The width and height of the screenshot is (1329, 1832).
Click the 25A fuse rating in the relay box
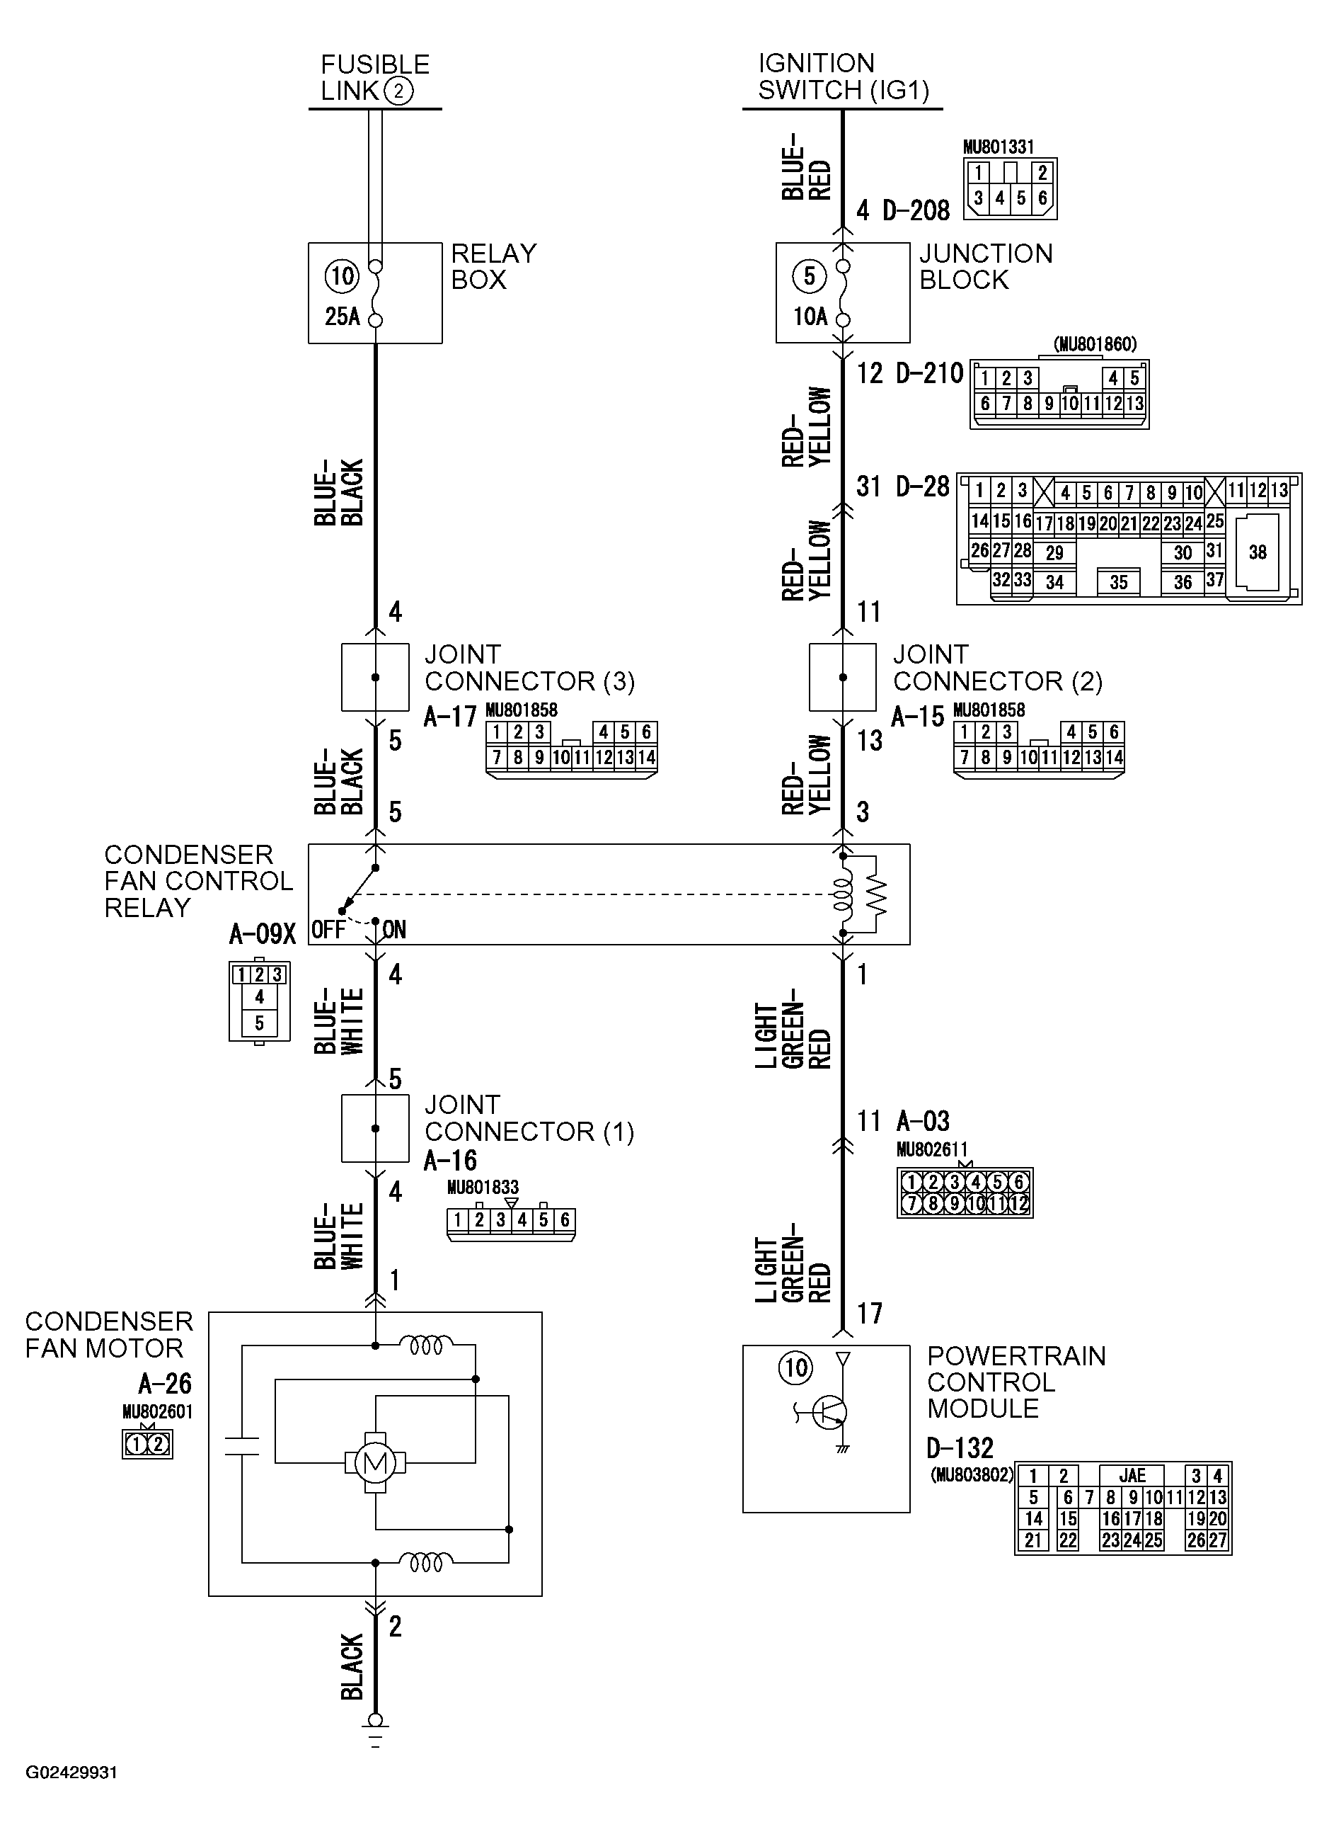343,317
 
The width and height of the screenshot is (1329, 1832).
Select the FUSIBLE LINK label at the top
374,78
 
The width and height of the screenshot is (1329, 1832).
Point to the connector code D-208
916,211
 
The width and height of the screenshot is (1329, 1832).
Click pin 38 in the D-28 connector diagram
1257,552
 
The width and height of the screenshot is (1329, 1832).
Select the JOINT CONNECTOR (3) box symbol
374,677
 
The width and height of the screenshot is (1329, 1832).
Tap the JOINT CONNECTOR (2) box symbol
842,677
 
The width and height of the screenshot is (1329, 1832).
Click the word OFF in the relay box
328,930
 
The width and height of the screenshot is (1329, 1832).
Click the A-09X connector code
263,935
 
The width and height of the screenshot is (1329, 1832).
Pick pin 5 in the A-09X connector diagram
259,1023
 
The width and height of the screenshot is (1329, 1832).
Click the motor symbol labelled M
374,1462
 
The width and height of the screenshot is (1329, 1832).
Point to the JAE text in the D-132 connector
1132,1475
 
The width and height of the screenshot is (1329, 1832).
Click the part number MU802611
931,1149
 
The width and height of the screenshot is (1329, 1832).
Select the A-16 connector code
450,1161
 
